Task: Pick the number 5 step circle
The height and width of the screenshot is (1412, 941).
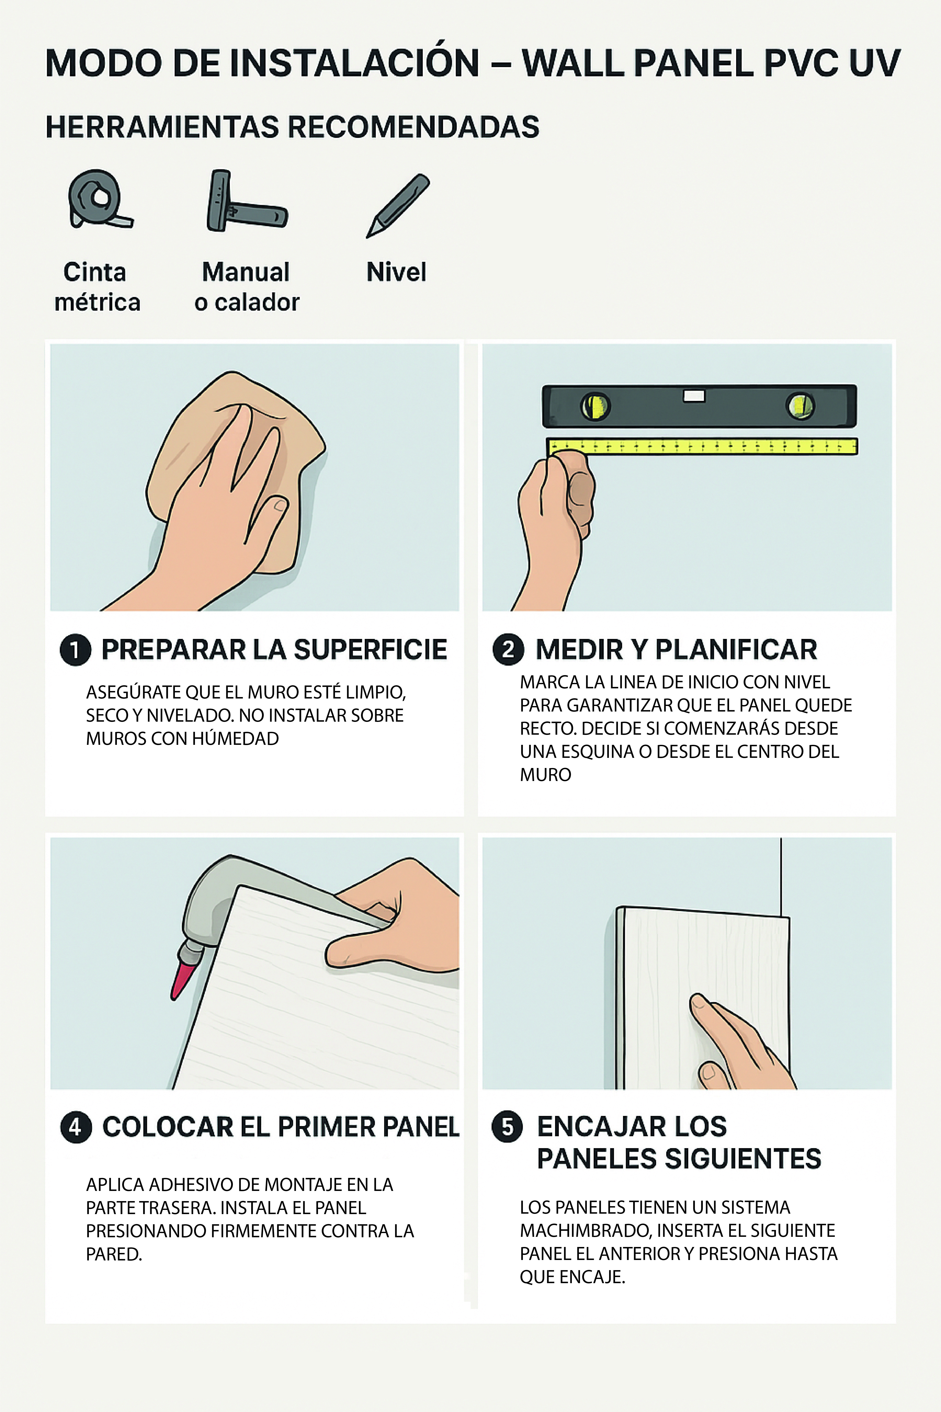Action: [507, 1127]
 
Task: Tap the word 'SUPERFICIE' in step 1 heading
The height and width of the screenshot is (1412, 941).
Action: [370, 650]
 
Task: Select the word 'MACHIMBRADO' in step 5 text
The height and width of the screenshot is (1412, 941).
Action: [585, 1231]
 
